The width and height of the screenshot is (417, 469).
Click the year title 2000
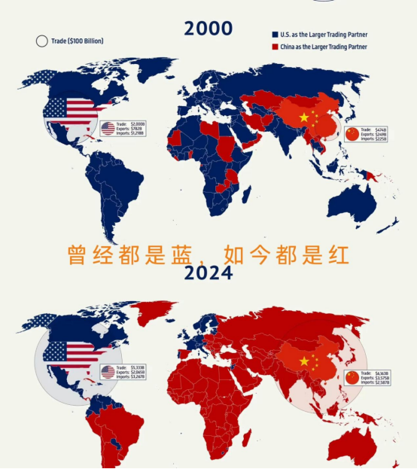tap(208, 29)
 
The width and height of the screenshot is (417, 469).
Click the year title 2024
tap(208, 273)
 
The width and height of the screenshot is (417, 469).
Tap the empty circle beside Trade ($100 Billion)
tap(41, 41)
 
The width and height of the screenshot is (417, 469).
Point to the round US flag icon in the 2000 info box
tap(108, 128)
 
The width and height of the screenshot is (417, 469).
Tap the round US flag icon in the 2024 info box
tap(108, 372)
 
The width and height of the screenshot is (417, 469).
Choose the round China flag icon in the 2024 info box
tap(352, 377)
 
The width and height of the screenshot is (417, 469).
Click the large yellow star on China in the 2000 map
tap(304, 118)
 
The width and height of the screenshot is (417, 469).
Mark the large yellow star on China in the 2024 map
tap(304, 361)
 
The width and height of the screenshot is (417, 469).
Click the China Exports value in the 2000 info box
tap(385, 133)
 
